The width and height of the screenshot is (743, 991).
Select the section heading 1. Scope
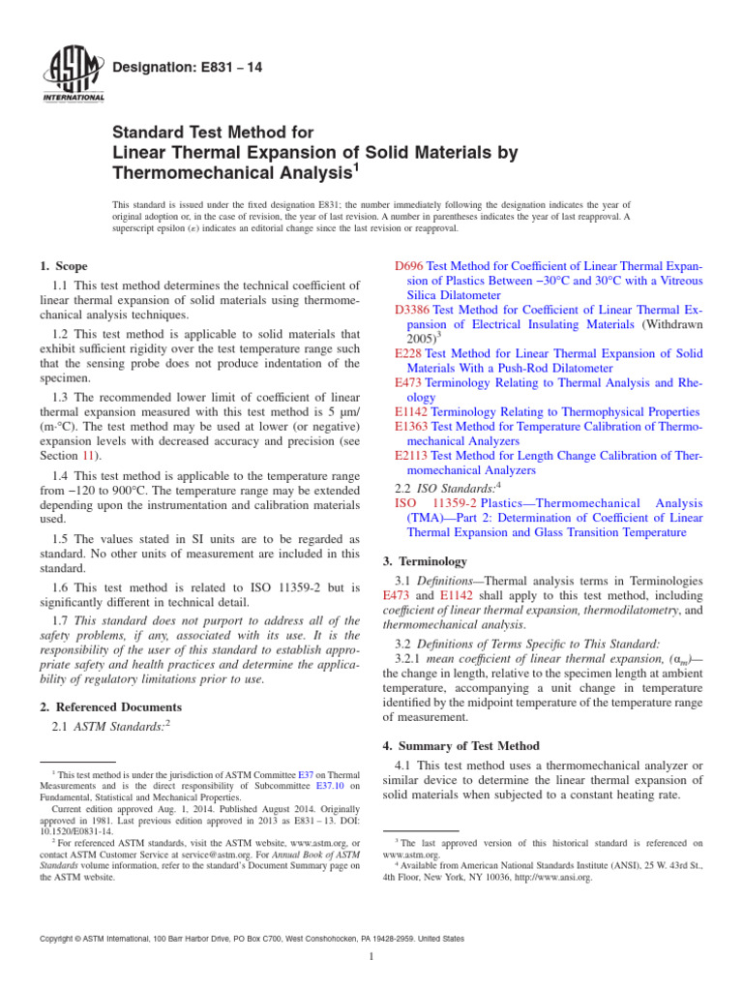coord(63,266)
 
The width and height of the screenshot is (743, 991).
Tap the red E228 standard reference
coord(409,354)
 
